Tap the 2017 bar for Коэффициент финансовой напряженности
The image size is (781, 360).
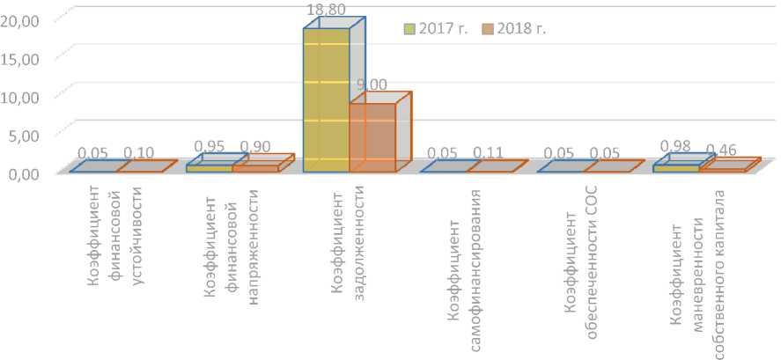click(210, 168)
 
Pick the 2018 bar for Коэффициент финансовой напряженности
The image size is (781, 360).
click(255, 168)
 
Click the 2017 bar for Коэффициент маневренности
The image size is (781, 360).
click(676, 168)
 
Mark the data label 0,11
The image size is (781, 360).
click(489, 152)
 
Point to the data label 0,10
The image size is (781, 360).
click(139, 152)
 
